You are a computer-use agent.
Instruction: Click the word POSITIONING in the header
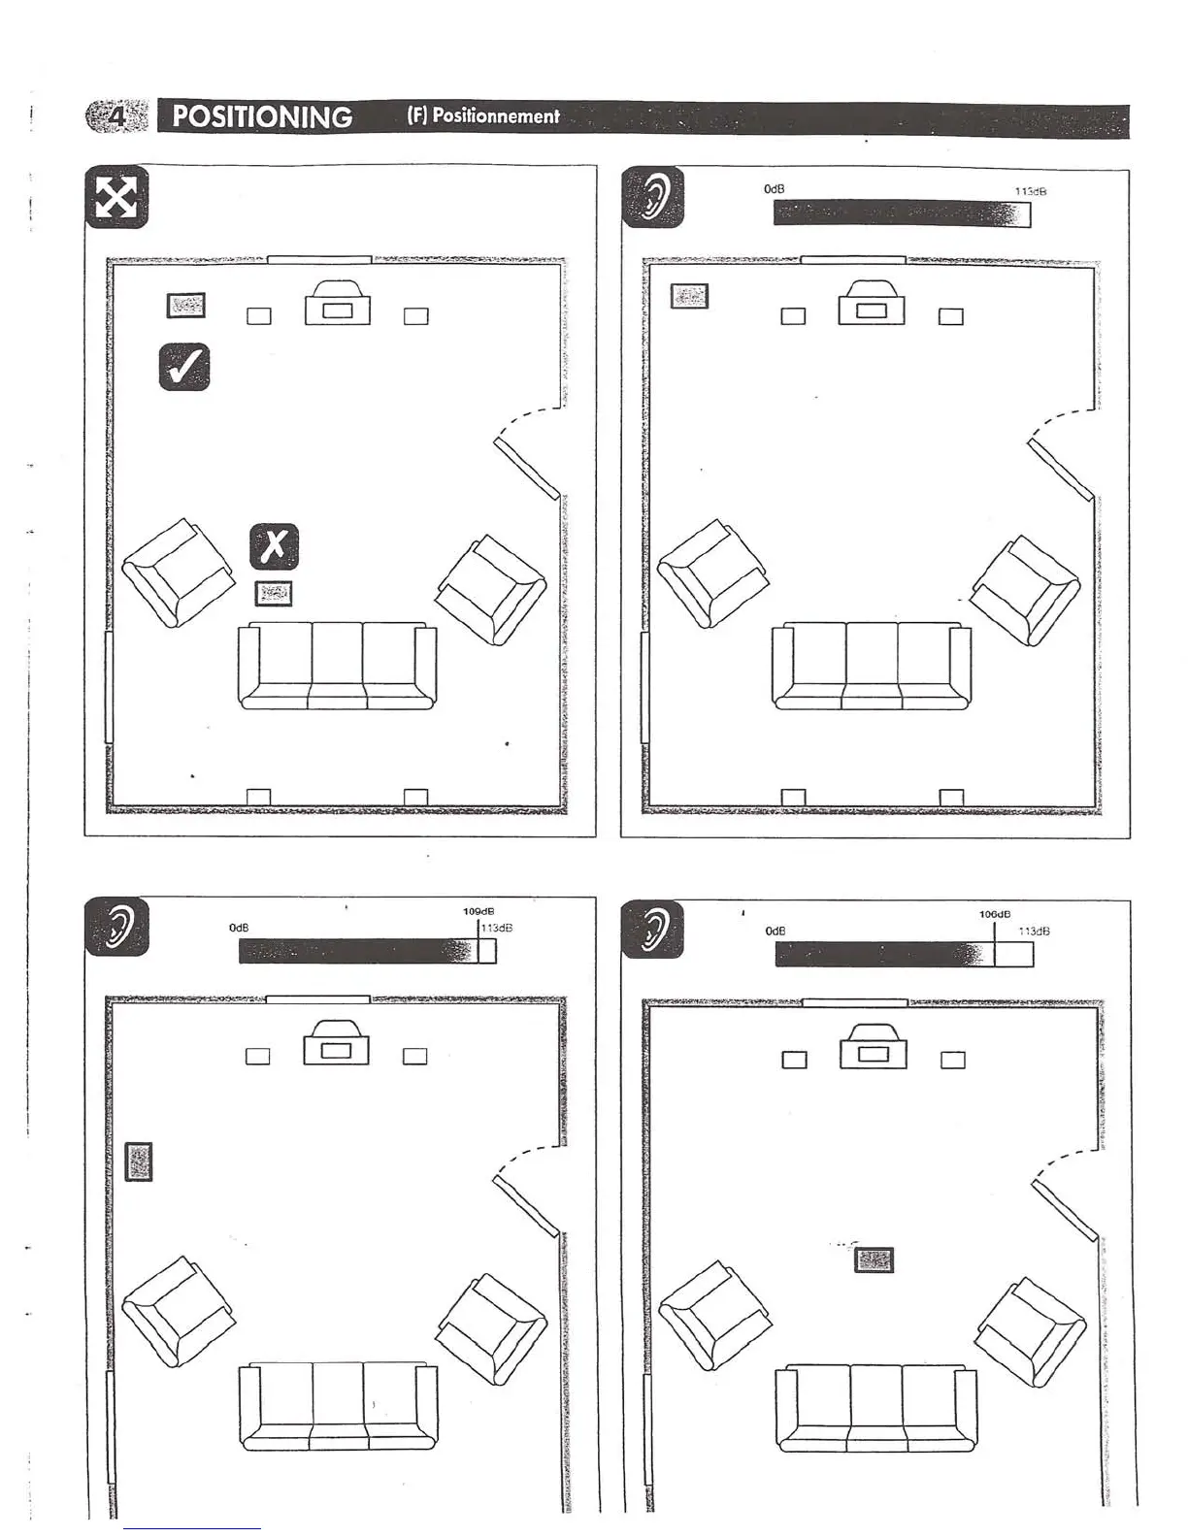tap(262, 117)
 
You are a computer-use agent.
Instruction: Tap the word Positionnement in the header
tap(483, 116)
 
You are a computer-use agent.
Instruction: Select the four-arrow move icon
tap(116, 198)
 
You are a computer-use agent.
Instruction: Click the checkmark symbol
tap(184, 367)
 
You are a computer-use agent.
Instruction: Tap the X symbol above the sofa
tap(275, 546)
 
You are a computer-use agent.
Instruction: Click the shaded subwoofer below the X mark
tap(274, 594)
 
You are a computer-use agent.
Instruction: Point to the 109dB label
tap(478, 911)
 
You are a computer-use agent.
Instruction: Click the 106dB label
tap(995, 914)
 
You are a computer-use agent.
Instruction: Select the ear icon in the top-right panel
tap(652, 198)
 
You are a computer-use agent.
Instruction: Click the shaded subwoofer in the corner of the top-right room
tap(689, 296)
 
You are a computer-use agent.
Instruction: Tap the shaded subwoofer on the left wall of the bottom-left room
tap(139, 1161)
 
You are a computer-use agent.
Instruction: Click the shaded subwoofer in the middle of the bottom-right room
tap(874, 1260)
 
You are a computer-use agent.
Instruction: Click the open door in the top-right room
tap(1060, 470)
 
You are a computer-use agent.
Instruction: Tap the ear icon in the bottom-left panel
tap(117, 928)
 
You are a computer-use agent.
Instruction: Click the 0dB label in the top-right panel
tap(774, 188)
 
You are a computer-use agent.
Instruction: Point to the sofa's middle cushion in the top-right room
tap(872, 667)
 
